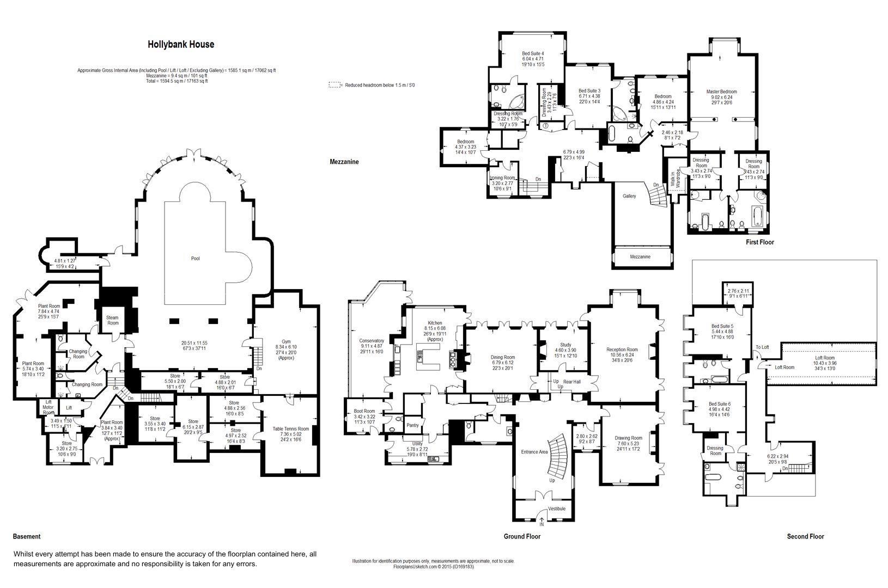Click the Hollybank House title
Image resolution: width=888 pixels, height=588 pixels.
pyautogui.click(x=181, y=45)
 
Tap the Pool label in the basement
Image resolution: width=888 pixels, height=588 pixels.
pyautogui.click(x=195, y=259)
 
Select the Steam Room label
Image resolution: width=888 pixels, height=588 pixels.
pyautogui.click(x=112, y=320)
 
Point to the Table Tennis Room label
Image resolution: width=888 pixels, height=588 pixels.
pyautogui.click(x=290, y=429)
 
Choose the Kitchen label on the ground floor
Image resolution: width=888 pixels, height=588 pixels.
pyautogui.click(x=435, y=323)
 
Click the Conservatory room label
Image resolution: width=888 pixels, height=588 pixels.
pyautogui.click(x=372, y=341)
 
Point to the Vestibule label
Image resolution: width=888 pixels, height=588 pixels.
pyautogui.click(x=557, y=509)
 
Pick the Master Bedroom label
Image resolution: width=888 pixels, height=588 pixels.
pyautogui.click(x=721, y=91)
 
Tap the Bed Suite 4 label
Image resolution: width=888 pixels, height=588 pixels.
pyautogui.click(x=533, y=53)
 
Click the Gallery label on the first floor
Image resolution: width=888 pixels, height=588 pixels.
pyautogui.click(x=629, y=196)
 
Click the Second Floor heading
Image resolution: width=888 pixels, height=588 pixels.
pyautogui.click(x=805, y=536)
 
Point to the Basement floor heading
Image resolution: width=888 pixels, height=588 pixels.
pyautogui.click(x=27, y=536)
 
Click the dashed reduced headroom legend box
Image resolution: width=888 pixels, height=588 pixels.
pyautogui.click(x=334, y=85)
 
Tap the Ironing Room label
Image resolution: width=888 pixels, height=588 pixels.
pyautogui.click(x=502, y=178)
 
